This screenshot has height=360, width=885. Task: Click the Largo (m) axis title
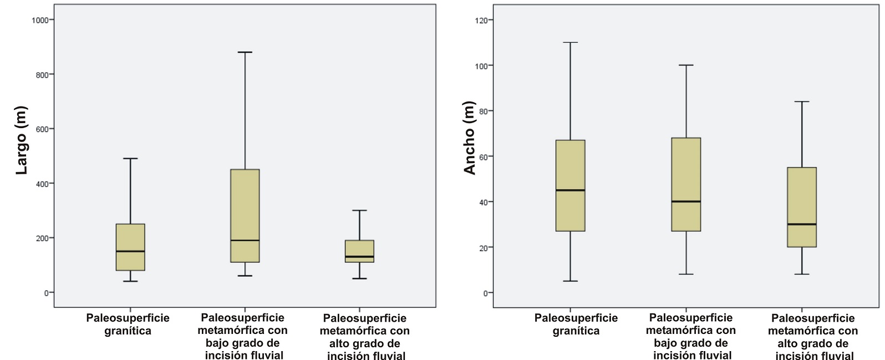[x=22, y=140]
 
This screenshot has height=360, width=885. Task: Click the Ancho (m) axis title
[x=470, y=138]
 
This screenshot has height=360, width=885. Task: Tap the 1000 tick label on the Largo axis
[x=40, y=20]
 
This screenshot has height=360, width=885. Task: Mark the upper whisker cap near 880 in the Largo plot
[x=245, y=52]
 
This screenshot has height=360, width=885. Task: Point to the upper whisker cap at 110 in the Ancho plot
[x=570, y=42]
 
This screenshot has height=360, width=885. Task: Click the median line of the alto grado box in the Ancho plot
[x=801, y=224]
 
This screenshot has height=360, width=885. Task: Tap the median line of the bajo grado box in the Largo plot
[x=245, y=240]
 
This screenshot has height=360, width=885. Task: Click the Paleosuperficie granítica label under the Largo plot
[x=128, y=324]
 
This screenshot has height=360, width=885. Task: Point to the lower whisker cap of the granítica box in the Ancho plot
[x=570, y=281]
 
